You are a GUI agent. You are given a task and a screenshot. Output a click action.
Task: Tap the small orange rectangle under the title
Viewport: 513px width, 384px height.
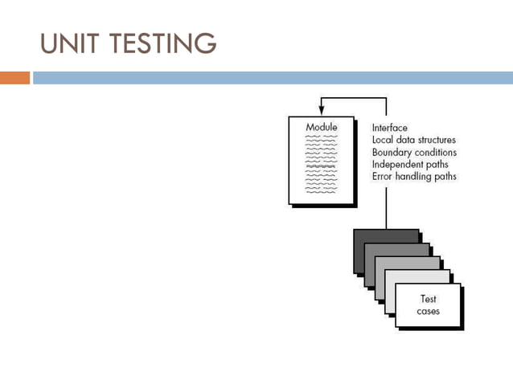(14, 78)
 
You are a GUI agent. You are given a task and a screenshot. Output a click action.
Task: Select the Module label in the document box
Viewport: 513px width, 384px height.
(321, 128)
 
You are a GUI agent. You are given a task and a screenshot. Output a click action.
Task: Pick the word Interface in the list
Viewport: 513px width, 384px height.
(389, 128)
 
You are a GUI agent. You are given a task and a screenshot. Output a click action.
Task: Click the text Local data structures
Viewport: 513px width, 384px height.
(413, 140)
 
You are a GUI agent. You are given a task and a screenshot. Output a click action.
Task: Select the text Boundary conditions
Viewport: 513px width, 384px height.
(414, 152)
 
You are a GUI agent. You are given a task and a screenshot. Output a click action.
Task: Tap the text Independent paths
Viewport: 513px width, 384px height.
(409, 164)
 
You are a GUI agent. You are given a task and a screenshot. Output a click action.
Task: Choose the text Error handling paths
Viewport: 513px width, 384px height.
(414, 176)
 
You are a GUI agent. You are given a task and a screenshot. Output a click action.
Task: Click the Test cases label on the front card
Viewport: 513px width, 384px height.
(428, 305)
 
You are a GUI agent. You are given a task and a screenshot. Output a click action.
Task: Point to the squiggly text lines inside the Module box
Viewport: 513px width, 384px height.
(321, 165)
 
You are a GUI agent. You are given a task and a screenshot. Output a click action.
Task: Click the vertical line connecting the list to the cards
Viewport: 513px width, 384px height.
(387, 205)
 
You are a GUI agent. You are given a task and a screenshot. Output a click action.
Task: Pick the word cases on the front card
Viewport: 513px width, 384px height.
(428, 311)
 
